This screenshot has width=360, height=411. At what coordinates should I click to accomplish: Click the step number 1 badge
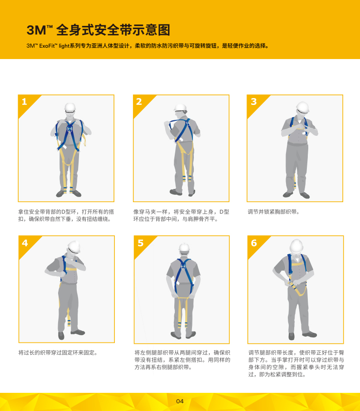(25, 102)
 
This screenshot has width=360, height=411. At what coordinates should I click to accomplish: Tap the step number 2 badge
(139, 102)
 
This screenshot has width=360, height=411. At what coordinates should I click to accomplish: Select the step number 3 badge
(253, 102)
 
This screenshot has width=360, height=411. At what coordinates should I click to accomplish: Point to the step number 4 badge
(25, 243)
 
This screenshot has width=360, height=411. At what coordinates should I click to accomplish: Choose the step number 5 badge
(140, 243)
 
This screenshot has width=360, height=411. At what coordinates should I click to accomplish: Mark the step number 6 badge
(253, 243)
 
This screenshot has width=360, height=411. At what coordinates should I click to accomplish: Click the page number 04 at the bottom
(180, 401)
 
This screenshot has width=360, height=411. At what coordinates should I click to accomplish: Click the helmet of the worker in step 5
(184, 247)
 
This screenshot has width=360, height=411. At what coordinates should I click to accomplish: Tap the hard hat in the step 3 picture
(302, 107)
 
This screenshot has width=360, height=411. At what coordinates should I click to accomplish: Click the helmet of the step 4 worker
(74, 246)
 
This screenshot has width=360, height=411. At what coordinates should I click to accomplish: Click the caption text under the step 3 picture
(273, 212)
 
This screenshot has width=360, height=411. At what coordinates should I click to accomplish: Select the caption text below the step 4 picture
(58, 352)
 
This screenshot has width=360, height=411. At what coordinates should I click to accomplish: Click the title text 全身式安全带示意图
(114, 30)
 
